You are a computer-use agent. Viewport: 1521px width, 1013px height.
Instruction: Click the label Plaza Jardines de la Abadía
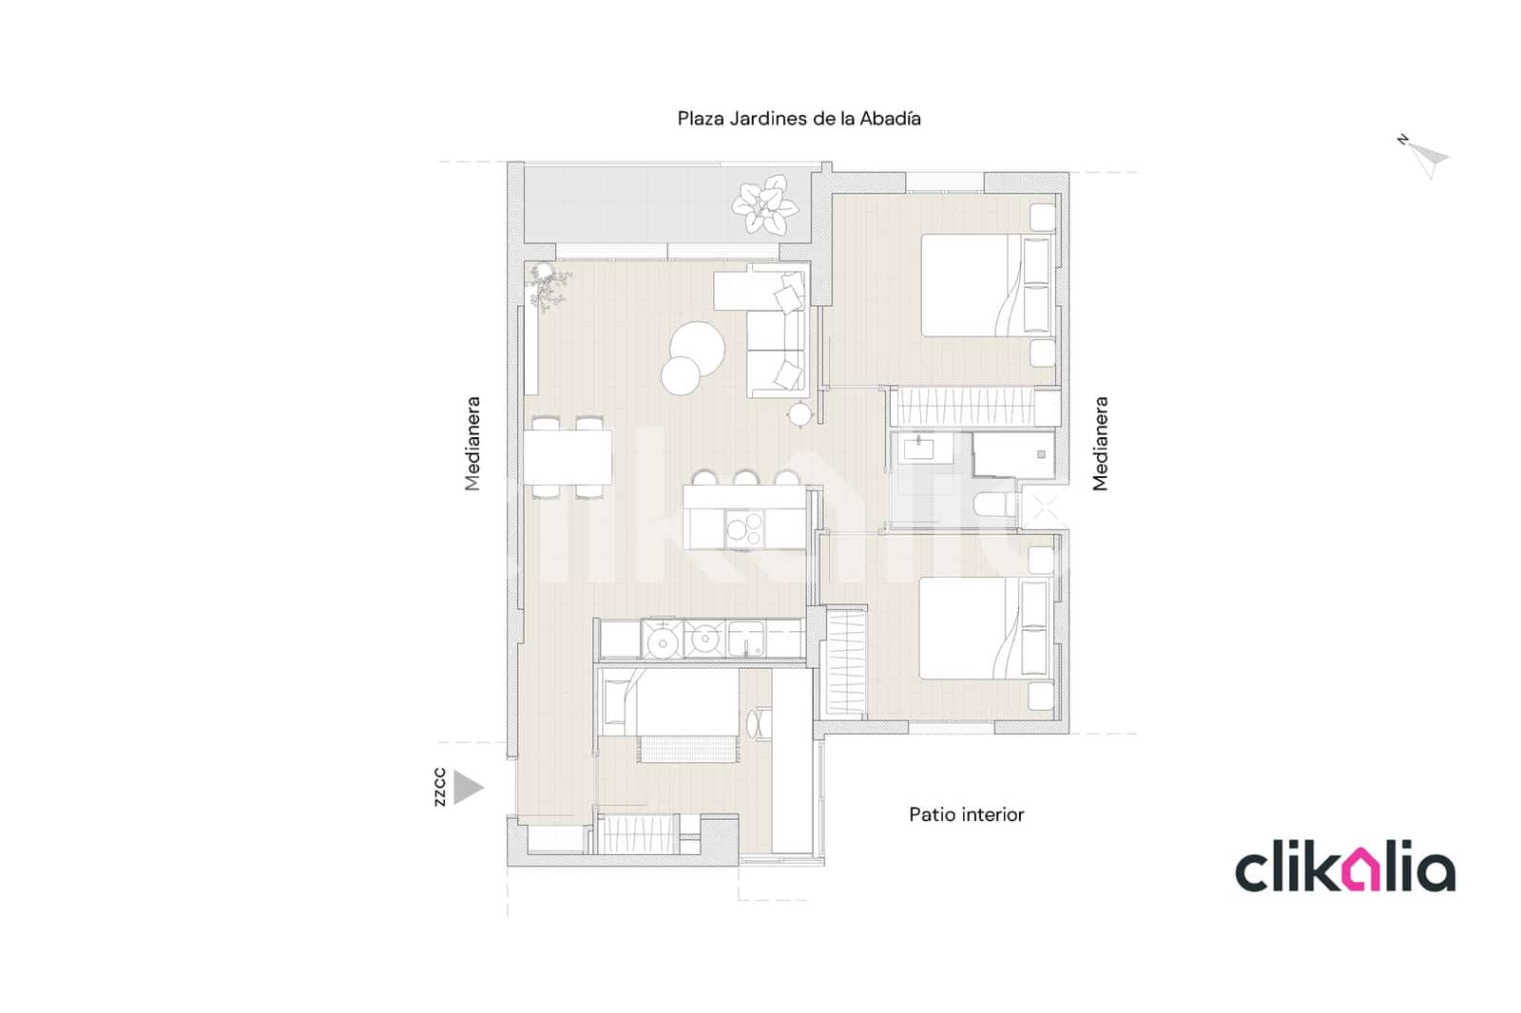click(x=799, y=119)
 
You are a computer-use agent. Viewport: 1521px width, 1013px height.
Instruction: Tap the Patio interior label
click(x=966, y=814)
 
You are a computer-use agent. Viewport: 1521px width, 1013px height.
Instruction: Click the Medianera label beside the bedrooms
click(x=1100, y=444)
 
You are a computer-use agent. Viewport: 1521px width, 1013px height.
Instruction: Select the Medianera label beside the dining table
click(x=472, y=444)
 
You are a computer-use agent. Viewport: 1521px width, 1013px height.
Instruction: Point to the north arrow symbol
click(x=1425, y=158)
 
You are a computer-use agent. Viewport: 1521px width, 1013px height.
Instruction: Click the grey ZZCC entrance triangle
click(x=467, y=788)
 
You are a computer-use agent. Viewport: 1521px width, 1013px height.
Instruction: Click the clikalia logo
click(x=1344, y=870)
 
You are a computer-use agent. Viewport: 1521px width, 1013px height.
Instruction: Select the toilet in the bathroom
click(x=995, y=506)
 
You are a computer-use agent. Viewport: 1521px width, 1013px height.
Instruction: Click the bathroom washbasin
click(x=919, y=449)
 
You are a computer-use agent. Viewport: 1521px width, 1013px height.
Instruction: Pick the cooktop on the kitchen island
click(x=743, y=528)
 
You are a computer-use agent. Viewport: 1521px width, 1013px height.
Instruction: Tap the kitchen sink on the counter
click(x=747, y=639)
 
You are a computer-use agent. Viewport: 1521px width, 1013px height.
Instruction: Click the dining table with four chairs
click(x=568, y=456)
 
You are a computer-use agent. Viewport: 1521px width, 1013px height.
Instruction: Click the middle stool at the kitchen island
click(x=745, y=478)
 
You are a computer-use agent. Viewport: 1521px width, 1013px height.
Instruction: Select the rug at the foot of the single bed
click(x=687, y=749)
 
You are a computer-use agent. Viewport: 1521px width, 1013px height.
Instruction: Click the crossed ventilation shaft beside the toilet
click(x=1043, y=508)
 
